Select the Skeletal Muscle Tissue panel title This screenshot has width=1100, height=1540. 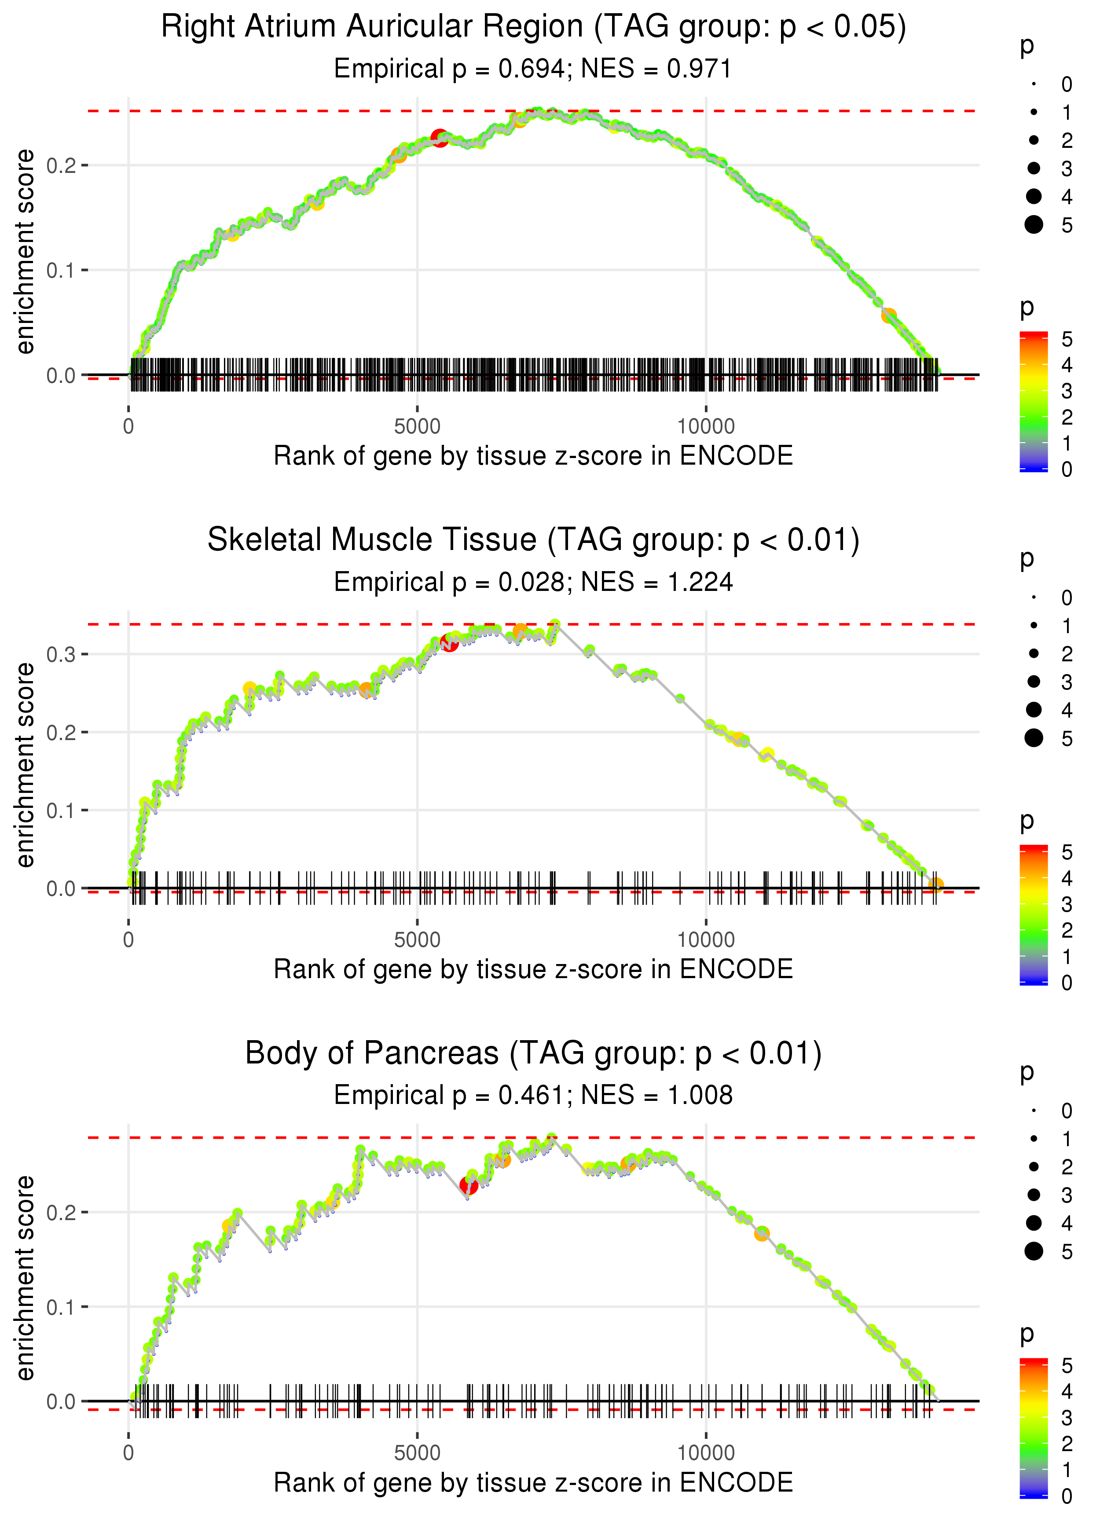pyautogui.click(x=533, y=540)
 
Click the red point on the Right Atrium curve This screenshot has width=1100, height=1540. pyautogui.click(x=439, y=138)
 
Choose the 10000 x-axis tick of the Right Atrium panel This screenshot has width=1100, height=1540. pyautogui.click(x=706, y=427)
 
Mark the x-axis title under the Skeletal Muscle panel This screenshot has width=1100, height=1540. pyautogui.click(x=533, y=969)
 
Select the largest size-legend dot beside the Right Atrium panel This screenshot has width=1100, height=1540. pyautogui.click(x=1034, y=224)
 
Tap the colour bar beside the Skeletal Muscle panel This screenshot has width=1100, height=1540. pyautogui.click(x=1033, y=915)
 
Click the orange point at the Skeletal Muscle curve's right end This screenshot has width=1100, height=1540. pyautogui.click(x=935, y=884)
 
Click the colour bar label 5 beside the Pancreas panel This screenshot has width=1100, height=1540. pyautogui.click(x=1067, y=1365)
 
